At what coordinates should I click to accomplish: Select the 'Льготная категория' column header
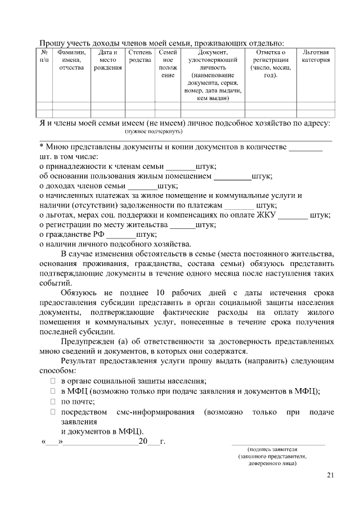coord(316,56)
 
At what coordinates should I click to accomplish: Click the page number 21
coord(330,476)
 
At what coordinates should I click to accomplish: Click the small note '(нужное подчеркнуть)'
coord(154,130)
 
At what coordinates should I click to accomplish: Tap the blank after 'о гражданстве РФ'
coord(120,235)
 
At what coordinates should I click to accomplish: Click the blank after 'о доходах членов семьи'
coord(142,186)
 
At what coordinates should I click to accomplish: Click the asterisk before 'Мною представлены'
coord(42,147)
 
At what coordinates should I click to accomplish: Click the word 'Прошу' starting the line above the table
coord(52,42)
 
